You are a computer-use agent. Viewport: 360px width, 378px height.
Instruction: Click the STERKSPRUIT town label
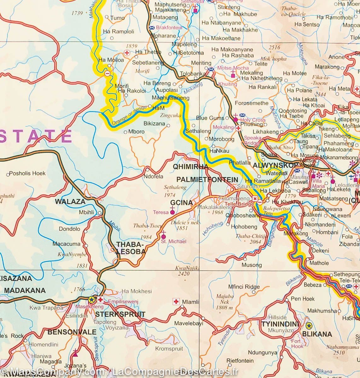point(120,314)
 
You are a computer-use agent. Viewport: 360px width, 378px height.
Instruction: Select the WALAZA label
point(70,202)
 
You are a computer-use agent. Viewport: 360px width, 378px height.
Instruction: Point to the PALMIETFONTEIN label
point(207,180)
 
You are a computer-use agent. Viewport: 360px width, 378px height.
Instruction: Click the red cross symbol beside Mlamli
point(176,302)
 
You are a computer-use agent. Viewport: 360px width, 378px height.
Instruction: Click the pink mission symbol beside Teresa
point(172,212)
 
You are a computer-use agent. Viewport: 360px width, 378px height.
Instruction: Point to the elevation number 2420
point(183,274)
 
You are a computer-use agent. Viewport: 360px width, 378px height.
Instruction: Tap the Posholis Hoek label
point(27,173)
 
